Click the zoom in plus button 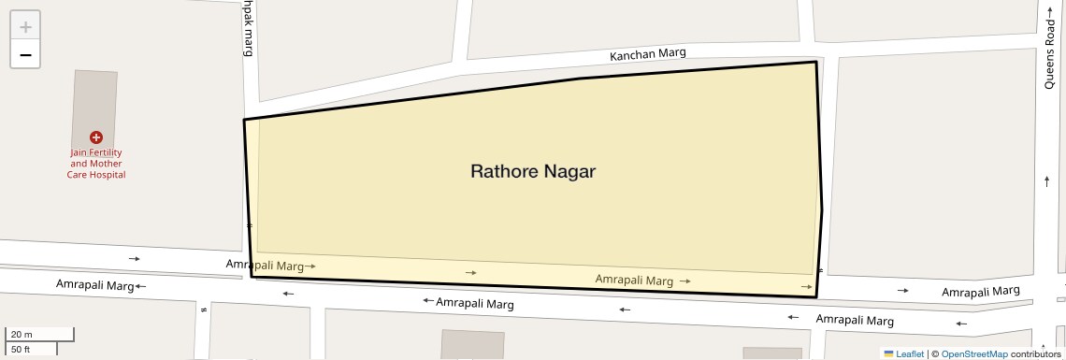[x=25, y=26]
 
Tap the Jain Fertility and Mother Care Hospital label [x=95, y=164]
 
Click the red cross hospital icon [x=95, y=137]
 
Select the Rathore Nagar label [x=532, y=172]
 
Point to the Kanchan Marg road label [x=647, y=54]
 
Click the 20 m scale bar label [x=21, y=335]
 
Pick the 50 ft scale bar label [x=21, y=349]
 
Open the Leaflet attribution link [x=909, y=354]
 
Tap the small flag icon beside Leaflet [x=888, y=354]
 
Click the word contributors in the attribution [x=1036, y=354]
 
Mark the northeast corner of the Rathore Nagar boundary [x=816, y=63]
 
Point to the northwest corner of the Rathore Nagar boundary [x=245, y=120]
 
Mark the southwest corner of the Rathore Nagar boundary [x=252, y=276]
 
